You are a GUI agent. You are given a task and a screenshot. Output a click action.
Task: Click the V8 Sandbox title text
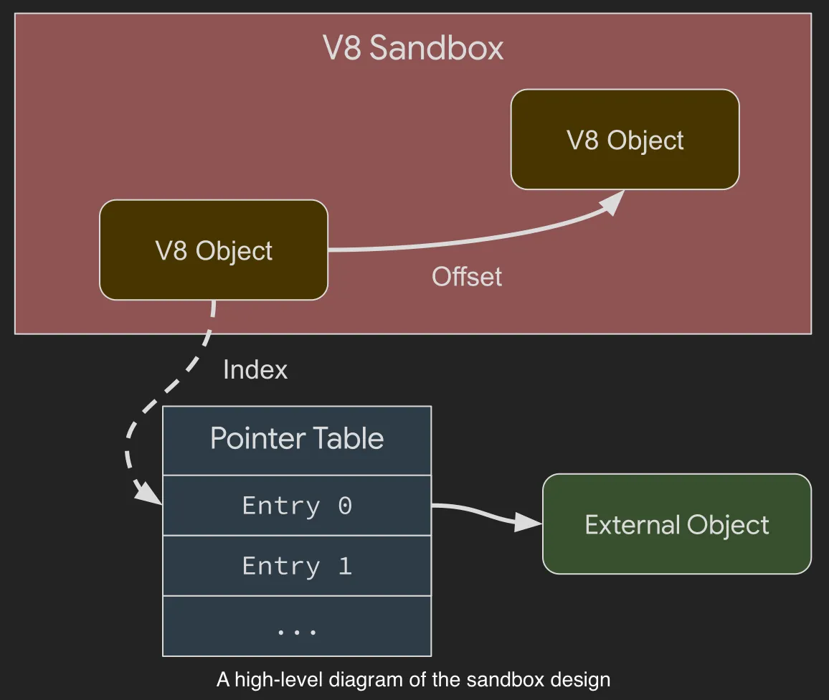(x=413, y=49)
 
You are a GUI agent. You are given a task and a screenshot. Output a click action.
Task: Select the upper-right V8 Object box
(x=625, y=140)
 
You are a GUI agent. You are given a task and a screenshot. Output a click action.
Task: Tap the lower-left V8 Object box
(x=214, y=250)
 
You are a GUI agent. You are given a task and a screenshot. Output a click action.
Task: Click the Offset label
(x=466, y=277)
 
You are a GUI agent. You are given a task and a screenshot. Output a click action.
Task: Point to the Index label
(x=255, y=370)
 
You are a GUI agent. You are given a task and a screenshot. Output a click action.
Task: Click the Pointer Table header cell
(x=297, y=439)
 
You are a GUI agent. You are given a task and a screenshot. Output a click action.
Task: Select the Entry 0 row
(x=297, y=506)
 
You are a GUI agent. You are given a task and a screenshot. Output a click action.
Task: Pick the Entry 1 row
(x=297, y=566)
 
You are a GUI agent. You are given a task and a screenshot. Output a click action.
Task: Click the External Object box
(x=676, y=524)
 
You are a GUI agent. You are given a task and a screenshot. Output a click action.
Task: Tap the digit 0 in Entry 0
(x=345, y=506)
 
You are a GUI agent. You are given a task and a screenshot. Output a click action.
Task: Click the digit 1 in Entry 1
(x=345, y=566)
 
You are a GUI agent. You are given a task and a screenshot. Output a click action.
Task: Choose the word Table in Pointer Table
(x=351, y=439)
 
